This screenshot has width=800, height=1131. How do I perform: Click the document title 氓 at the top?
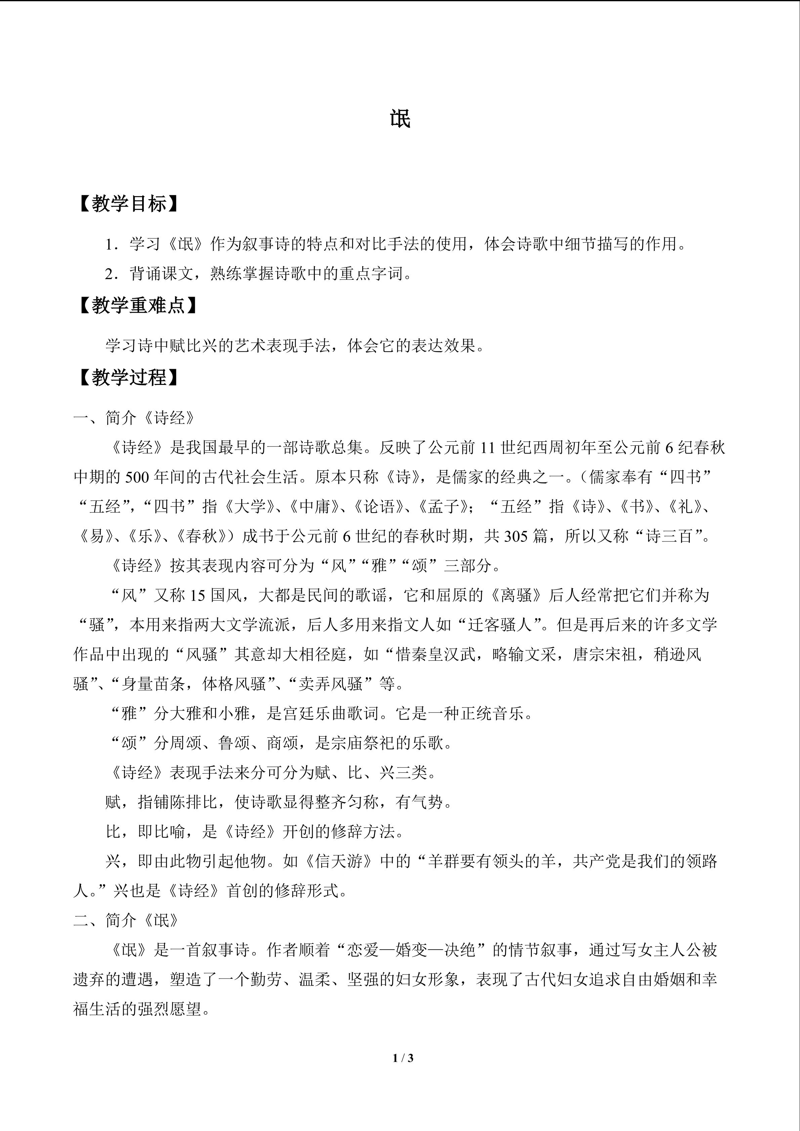[x=400, y=119]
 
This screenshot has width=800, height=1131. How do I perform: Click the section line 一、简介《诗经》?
[x=134, y=418]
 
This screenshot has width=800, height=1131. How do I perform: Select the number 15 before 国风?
[x=197, y=595]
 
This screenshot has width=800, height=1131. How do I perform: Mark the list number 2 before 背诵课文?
[x=109, y=274]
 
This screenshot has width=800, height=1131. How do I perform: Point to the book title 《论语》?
[x=379, y=507]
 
